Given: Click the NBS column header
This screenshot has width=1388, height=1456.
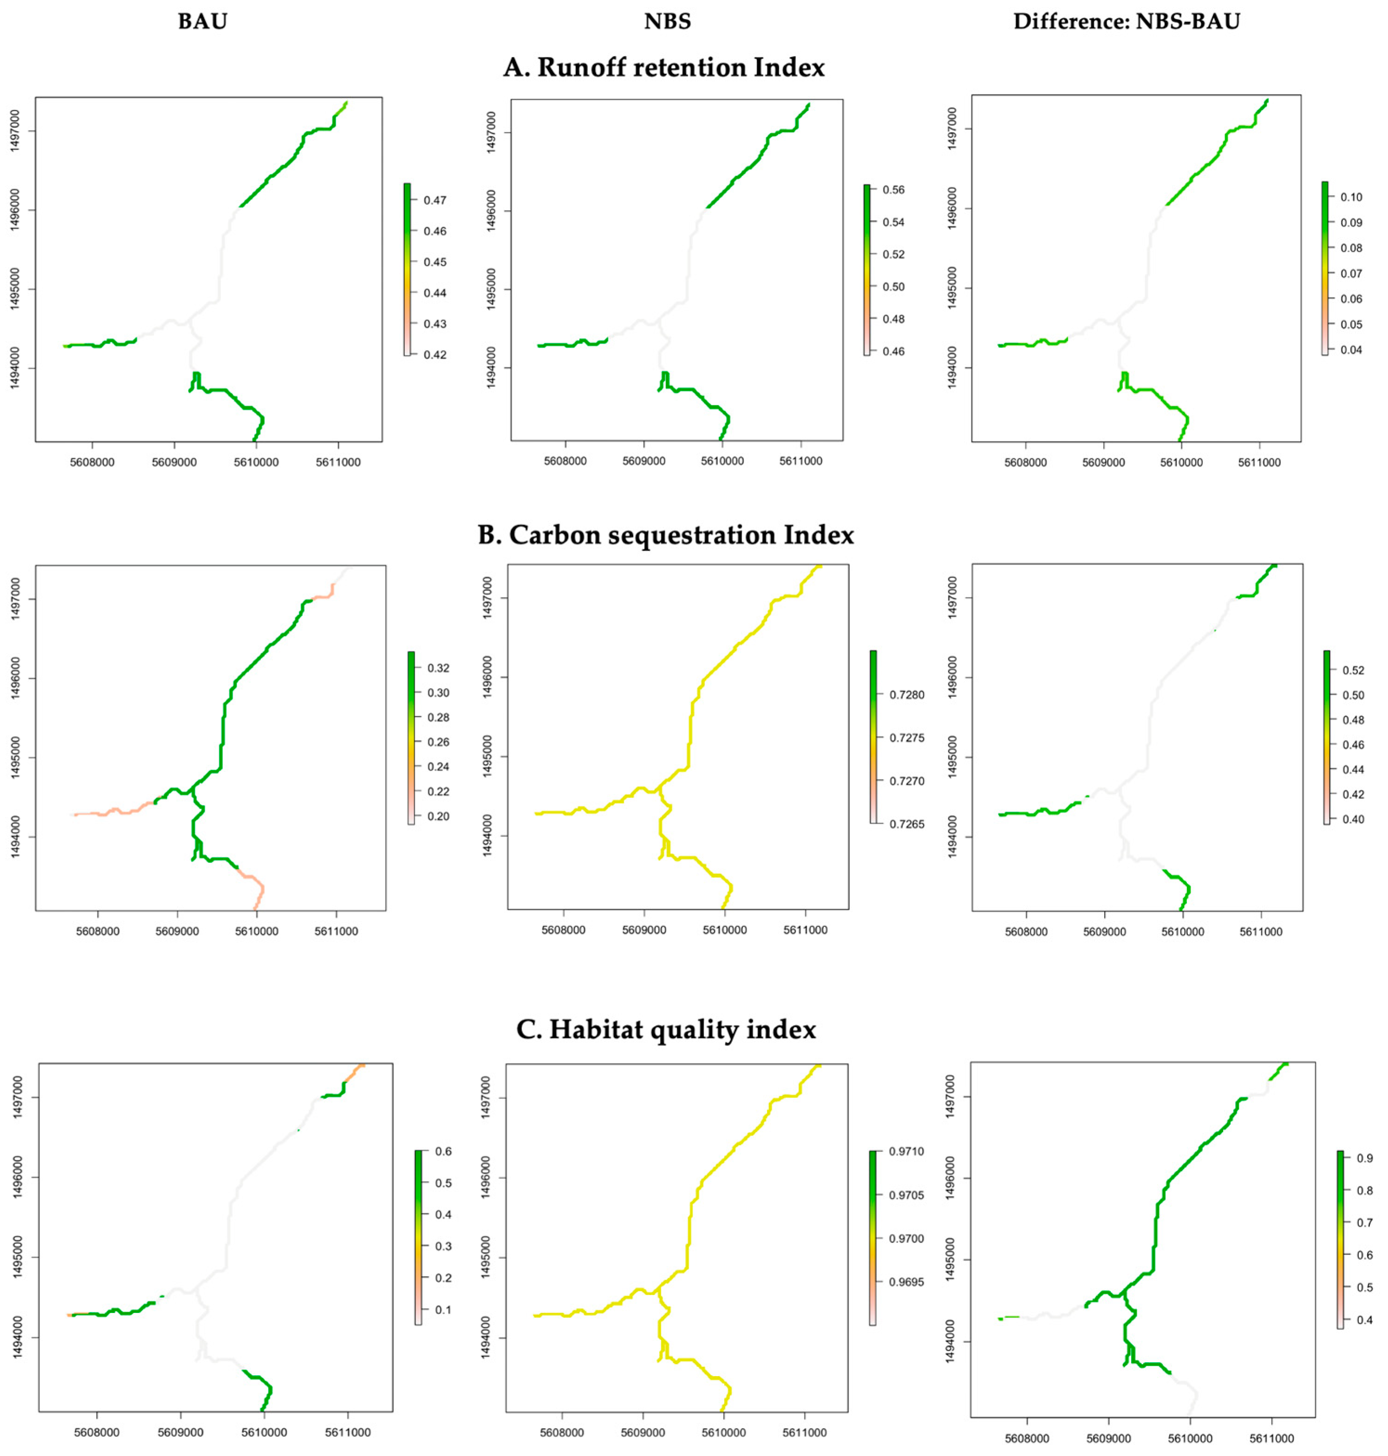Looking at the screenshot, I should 667,21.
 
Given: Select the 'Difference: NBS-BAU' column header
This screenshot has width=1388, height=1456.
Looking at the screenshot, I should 1126,21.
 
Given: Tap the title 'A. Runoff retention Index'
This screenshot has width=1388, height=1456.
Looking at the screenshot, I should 664,68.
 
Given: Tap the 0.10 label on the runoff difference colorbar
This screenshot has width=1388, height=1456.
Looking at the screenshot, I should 1351,197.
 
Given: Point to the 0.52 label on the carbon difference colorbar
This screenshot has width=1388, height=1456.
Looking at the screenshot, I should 1353,670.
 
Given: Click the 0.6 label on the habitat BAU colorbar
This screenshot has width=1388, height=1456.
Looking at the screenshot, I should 443,1151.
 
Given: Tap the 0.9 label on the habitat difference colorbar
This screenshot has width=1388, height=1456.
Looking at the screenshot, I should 1365,1158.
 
